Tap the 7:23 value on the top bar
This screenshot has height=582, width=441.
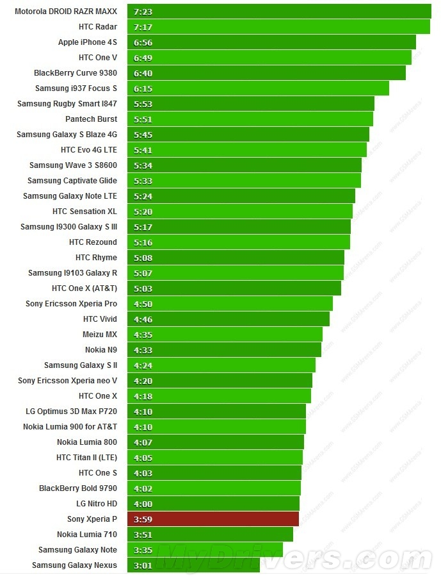click(x=143, y=12)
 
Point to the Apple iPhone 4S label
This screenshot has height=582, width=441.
click(x=88, y=42)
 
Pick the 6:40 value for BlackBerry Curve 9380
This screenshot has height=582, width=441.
click(x=143, y=73)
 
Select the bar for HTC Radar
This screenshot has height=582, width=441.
click(x=278, y=27)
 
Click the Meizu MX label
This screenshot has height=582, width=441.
click(x=100, y=335)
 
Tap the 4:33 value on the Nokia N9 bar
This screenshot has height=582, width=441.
click(x=143, y=350)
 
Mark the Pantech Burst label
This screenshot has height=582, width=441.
click(x=91, y=119)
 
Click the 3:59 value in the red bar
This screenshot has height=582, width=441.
click(x=143, y=519)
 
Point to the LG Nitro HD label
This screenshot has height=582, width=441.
click(x=97, y=504)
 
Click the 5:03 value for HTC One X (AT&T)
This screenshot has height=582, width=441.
click(x=143, y=288)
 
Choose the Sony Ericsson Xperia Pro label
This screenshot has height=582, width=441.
click(x=71, y=304)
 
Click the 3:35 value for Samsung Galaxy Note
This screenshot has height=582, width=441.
click(x=143, y=550)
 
